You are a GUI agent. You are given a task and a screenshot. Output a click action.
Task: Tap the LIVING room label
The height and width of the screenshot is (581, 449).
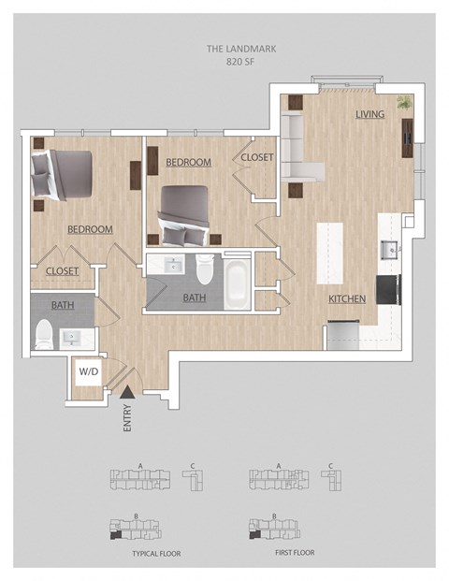pyautogui.click(x=370, y=114)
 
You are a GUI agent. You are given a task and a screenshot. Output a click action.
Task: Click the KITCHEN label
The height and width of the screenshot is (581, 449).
pyautogui.click(x=346, y=298)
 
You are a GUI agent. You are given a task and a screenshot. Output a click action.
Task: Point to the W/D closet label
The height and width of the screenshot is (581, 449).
pyautogui.click(x=88, y=371)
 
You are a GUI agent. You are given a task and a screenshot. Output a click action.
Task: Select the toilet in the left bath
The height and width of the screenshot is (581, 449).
pyautogui.click(x=42, y=333)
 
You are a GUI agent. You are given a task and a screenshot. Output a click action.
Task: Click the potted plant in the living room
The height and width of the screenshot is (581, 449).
pyautogui.click(x=405, y=103)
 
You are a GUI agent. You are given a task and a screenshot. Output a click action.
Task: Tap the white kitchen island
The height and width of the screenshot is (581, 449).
pyautogui.click(x=330, y=253)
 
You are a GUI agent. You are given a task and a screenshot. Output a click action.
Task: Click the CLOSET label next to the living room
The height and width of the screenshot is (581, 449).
pyautogui.click(x=257, y=157)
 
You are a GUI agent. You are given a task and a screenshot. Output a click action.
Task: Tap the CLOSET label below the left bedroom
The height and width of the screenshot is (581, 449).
pyautogui.click(x=62, y=271)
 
